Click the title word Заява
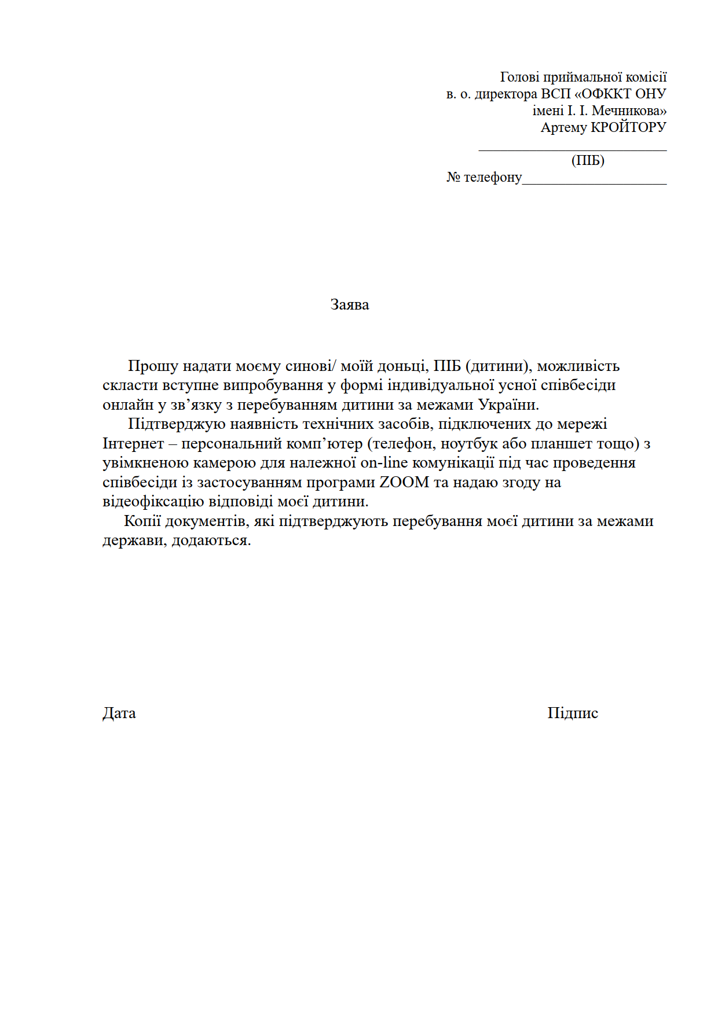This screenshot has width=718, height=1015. (x=350, y=305)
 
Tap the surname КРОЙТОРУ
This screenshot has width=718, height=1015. (x=628, y=127)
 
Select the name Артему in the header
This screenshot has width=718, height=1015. (x=563, y=127)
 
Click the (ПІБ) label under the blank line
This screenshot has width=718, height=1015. (x=588, y=160)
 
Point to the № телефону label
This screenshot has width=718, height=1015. (x=484, y=177)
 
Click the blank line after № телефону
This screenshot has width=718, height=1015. (x=594, y=182)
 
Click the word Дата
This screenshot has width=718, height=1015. (x=119, y=713)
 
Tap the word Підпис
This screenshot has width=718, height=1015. (x=573, y=713)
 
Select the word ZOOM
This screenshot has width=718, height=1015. (x=404, y=482)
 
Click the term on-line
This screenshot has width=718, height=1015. (x=384, y=463)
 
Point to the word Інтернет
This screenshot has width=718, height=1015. (x=133, y=444)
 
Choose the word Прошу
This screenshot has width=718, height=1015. (x=153, y=366)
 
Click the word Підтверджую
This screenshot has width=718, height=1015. (x=177, y=424)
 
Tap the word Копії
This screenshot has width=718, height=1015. (x=142, y=521)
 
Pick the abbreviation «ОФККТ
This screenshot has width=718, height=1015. (x=602, y=94)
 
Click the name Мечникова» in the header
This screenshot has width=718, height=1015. (x=629, y=111)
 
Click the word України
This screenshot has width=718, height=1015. (x=508, y=404)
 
